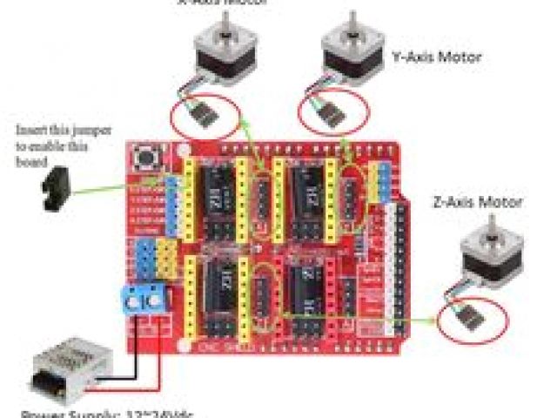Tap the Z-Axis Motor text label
pos(478,202)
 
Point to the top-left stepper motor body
pos(215,53)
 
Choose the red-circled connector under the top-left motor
pos(204,115)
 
